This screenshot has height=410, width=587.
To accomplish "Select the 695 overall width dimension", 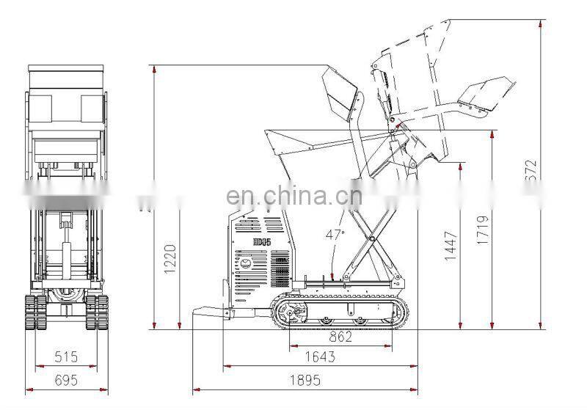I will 67,381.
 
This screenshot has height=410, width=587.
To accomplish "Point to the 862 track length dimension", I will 340,337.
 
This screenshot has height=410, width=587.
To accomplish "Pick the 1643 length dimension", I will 319,357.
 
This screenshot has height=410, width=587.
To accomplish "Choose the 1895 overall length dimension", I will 305,381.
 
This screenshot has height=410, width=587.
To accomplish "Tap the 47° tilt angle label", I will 335,235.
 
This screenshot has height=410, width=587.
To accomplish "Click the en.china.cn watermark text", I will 293,195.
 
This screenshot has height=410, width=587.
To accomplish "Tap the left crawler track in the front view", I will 32,312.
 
